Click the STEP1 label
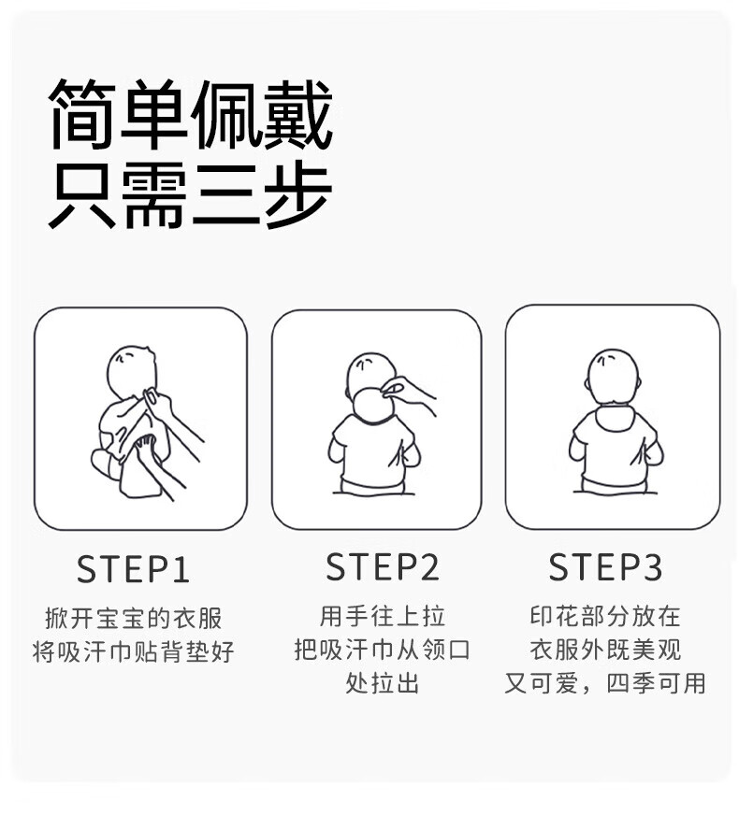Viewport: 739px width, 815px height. tap(133, 569)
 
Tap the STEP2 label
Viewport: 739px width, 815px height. tap(383, 566)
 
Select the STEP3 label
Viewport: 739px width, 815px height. tap(605, 566)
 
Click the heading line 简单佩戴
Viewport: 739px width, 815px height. tap(190, 114)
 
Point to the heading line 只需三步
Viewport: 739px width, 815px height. tap(190, 195)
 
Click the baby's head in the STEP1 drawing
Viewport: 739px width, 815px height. tap(131, 372)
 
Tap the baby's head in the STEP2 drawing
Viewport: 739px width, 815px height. tap(371, 377)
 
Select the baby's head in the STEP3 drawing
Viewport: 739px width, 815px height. tap(612, 377)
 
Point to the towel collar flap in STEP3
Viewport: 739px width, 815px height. tap(613, 418)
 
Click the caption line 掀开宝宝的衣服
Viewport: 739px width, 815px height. tap(133, 618)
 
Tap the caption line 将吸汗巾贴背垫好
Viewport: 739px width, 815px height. tap(133, 651)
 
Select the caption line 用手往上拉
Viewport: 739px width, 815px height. tap(383, 617)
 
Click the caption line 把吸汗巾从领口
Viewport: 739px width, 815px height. tap(383, 650)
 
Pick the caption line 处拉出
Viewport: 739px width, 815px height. tap(383, 682)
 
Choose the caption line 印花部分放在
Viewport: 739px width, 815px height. tap(605, 617)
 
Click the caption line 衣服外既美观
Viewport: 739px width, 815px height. tap(605, 650)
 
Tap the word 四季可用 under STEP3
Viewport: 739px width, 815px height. tap(656, 683)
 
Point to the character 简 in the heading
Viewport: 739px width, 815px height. tap(83, 114)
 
